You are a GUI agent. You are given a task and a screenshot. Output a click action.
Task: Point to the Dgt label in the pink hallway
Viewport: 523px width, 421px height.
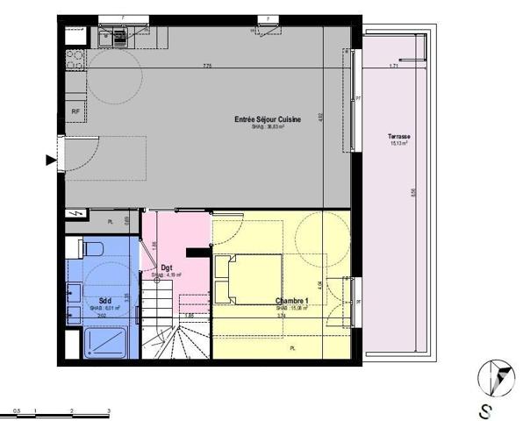tap(167, 268)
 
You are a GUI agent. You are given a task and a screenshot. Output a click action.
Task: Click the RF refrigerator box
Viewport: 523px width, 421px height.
tap(75, 112)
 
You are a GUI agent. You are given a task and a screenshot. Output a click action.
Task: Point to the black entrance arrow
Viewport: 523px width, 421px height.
tap(50, 160)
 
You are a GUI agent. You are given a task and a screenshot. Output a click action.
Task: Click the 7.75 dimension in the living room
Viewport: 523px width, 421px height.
tap(207, 68)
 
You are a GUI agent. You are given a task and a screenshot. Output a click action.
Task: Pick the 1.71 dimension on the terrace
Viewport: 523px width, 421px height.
tap(394, 67)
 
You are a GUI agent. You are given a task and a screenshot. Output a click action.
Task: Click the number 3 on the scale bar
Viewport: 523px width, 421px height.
tap(107, 410)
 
